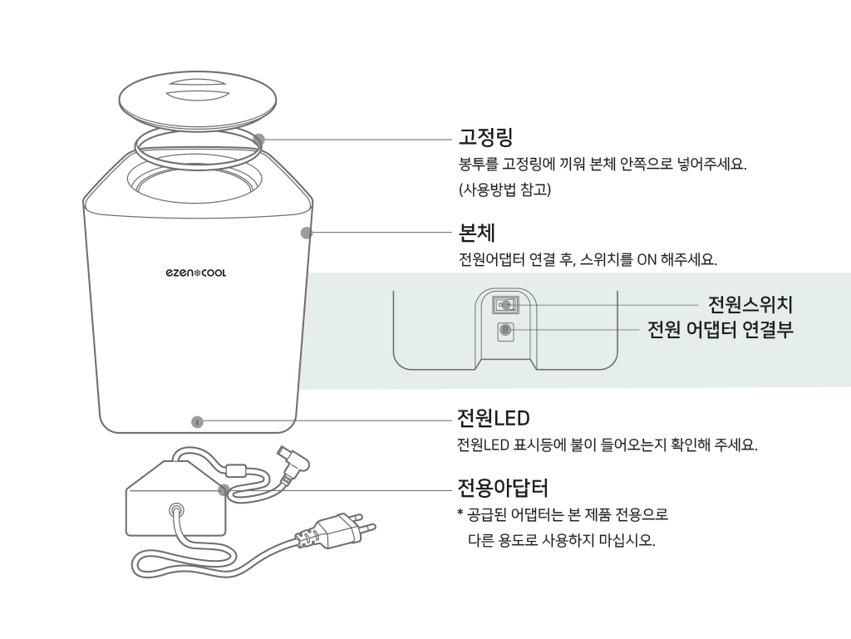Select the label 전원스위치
[x=750, y=304]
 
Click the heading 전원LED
[x=493, y=416]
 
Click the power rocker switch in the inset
[x=504, y=305]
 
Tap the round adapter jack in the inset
[x=504, y=331]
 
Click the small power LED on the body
[x=196, y=421]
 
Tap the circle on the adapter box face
[x=175, y=511]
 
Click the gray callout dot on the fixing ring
[x=259, y=140]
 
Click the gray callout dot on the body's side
[x=307, y=233]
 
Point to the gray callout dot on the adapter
[x=224, y=489]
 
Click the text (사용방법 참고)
[x=504, y=190]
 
